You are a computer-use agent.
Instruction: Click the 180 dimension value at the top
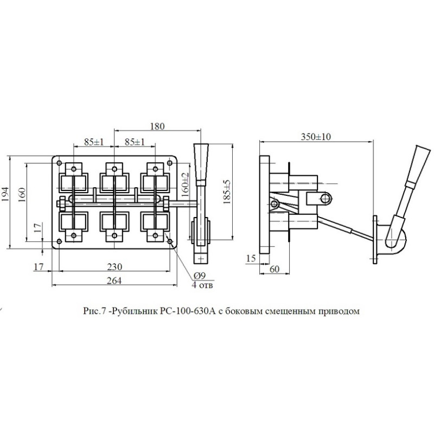pyautogui.click(x=157, y=126)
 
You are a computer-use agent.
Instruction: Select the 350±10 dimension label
pyautogui.click(x=316, y=137)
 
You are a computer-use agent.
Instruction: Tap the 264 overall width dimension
pyautogui.click(x=114, y=280)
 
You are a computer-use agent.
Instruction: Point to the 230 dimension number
pyautogui.click(x=114, y=267)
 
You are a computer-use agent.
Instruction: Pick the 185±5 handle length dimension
pyautogui.click(x=227, y=192)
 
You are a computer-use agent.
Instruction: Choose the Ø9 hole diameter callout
pyautogui.click(x=199, y=276)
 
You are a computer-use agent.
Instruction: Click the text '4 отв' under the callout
pyautogui.click(x=202, y=285)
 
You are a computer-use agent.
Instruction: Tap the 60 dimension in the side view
pyautogui.click(x=275, y=269)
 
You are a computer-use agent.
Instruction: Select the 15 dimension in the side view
pyautogui.click(x=251, y=258)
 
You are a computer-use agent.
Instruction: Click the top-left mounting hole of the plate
pyautogui.click(x=59, y=163)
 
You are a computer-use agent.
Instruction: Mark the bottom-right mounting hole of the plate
pyautogui.click(x=170, y=241)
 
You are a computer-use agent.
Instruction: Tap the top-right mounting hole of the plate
pyautogui.click(x=170, y=163)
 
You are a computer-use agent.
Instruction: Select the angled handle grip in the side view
pyautogui.click(x=419, y=164)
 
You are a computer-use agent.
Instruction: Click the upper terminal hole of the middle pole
pyautogui.click(x=114, y=169)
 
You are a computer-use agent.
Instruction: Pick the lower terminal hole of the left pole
pyautogui.click(x=74, y=235)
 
